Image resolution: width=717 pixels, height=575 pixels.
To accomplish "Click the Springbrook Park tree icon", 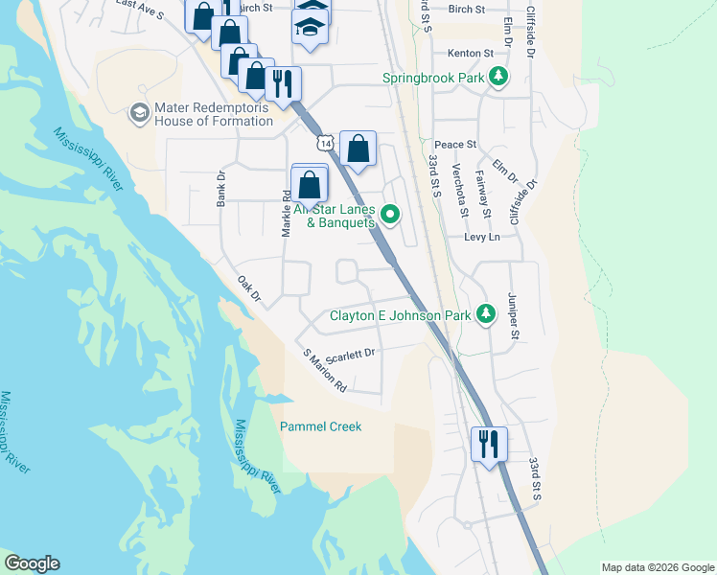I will (x=497, y=77).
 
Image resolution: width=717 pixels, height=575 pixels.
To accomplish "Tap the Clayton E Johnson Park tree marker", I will (x=486, y=313).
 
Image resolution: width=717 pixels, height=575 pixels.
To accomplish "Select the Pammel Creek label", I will (x=320, y=426).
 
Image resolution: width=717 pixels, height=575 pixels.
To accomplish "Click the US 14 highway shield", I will (x=327, y=142).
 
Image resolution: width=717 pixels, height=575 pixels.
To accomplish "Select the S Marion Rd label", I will (x=324, y=371).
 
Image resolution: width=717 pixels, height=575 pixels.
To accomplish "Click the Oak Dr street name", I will (x=248, y=289).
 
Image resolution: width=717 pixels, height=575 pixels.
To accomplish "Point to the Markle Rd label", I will (x=286, y=213).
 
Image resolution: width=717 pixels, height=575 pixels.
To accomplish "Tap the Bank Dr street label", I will (x=220, y=189).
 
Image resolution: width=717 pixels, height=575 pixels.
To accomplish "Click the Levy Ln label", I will (x=482, y=237).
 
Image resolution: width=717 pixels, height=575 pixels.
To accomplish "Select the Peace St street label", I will (x=457, y=144).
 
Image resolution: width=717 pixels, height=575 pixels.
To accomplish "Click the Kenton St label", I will (x=475, y=53).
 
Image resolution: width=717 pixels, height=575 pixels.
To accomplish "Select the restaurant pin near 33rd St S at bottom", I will (x=489, y=444).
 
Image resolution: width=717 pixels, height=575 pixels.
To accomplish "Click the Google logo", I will (x=32, y=563).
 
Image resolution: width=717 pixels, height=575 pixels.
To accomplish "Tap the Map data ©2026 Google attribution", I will (x=657, y=567).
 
